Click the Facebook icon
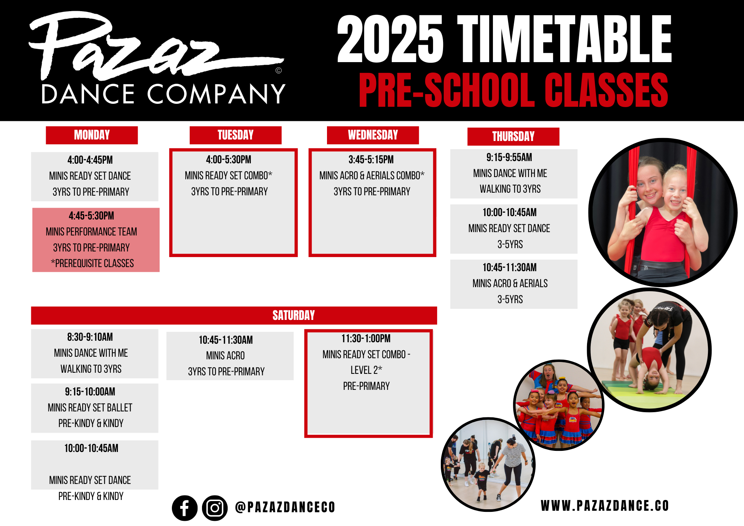click(185, 508)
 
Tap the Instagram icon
click(215, 508)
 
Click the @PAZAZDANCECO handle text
click(285, 507)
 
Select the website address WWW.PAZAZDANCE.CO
click(604, 506)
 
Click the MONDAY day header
click(92, 135)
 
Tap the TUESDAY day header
click(235, 135)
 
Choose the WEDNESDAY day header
click(373, 135)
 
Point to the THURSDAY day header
click(513, 137)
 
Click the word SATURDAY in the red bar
click(294, 315)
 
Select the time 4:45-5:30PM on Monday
click(92, 216)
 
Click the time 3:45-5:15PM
click(371, 160)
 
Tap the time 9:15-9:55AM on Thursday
click(509, 157)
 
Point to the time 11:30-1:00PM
click(366, 339)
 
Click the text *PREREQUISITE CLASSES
click(92, 263)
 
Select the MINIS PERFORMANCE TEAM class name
click(92, 232)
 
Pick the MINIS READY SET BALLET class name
click(90, 408)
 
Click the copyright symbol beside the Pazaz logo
click(279, 70)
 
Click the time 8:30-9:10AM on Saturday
click(90, 337)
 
